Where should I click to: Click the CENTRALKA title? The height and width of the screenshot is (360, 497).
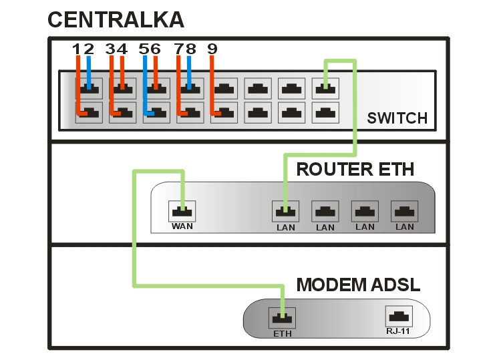coord(116,19)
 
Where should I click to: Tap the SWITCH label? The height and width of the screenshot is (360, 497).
coord(397,119)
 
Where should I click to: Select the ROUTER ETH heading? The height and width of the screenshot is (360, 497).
coord(355,169)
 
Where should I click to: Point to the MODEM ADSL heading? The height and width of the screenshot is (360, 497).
coord(358,285)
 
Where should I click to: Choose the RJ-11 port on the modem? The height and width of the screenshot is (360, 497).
coord(398,316)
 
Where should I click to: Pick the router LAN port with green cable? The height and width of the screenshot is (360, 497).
coord(285,211)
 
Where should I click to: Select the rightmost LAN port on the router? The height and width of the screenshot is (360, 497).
coord(404,211)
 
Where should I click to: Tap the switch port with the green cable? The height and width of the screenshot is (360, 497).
coord(326,87)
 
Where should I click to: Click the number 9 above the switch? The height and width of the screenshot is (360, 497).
coord(212,49)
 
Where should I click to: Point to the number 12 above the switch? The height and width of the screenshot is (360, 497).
coord(84,49)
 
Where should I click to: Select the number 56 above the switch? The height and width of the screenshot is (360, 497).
coord(150,49)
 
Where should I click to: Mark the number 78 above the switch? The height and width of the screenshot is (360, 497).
coord(184,49)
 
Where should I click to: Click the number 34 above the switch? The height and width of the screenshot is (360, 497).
coord(116,49)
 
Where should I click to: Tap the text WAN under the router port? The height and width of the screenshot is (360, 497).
coord(182,227)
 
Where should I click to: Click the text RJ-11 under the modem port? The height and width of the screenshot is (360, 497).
coord(398,331)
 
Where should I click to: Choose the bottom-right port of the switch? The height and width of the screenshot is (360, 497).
coord(326,112)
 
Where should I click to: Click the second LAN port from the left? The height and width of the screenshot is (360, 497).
coord(325,211)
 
